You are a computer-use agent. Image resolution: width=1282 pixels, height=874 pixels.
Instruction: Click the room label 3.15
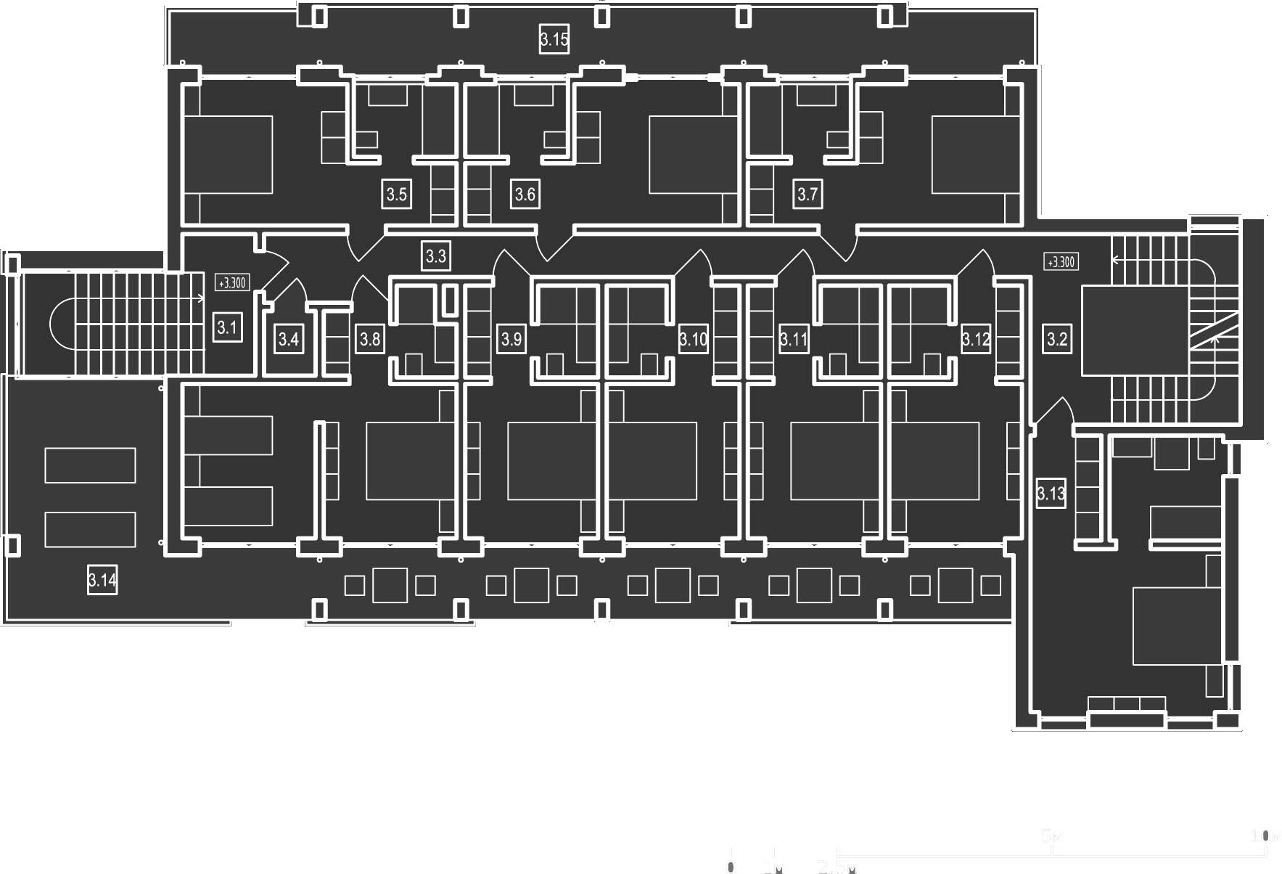pyautogui.click(x=554, y=39)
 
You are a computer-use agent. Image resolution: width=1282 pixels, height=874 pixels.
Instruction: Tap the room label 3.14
pyautogui.click(x=102, y=580)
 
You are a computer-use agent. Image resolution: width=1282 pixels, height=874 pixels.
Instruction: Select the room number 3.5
pyautogui.click(x=397, y=195)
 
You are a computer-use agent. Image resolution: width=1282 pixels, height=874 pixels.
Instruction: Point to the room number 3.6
pyautogui.click(x=525, y=195)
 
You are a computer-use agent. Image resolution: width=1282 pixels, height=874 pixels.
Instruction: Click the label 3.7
pyautogui.click(x=808, y=195)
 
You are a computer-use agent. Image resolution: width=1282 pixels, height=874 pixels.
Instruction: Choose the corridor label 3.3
pyautogui.click(x=435, y=256)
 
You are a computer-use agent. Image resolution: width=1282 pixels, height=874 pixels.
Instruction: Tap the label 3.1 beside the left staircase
pyautogui.click(x=227, y=328)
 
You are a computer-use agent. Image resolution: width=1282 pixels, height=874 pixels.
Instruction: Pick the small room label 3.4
pyautogui.click(x=289, y=339)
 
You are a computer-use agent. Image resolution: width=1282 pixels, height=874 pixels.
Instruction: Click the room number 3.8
pyautogui.click(x=370, y=339)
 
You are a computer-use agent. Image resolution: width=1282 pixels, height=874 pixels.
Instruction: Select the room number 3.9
pyautogui.click(x=511, y=339)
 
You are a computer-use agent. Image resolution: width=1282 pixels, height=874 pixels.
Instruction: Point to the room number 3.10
pyautogui.click(x=693, y=339)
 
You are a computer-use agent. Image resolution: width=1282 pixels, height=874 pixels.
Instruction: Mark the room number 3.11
pyautogui.click(x=794, y=339)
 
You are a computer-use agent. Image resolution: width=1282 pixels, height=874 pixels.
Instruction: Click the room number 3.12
pyautogui.click(x=975, y=339)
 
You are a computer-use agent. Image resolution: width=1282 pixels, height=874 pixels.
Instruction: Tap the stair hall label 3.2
pyautogui.click(x=1057, y=339)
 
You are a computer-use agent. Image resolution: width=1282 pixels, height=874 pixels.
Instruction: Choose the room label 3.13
pyautogui.click(x=1051, y=494)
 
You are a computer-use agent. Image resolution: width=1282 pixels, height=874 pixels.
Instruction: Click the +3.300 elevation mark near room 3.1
pyautogui.click(x=232, y=282)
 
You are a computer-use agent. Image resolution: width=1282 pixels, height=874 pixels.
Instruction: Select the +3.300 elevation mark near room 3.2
pyautogui.click(x=1061, y=261)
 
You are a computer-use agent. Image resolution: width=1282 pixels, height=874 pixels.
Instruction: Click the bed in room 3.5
pyautogui.click(x=228, y=155)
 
